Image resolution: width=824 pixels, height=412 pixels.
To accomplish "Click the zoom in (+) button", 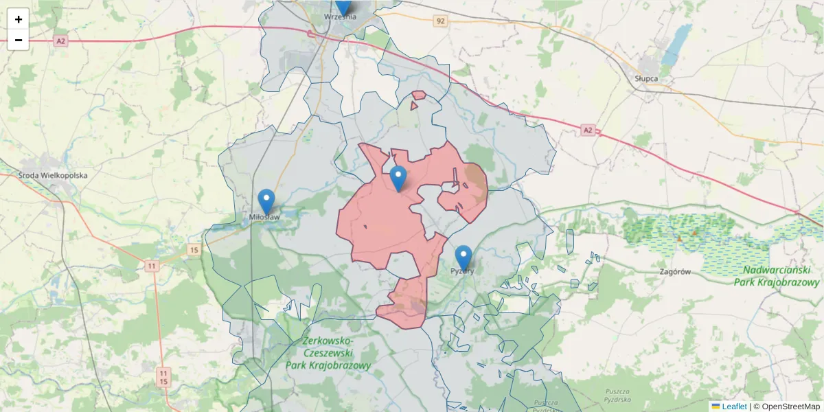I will pos(19,19).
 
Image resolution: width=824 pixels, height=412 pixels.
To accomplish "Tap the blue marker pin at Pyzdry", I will pos(463,258).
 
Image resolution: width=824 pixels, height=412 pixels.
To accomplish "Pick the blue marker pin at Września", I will pos(343,6).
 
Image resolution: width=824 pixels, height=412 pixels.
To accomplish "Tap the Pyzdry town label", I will pos(463,271).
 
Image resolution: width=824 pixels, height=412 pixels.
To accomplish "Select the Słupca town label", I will pos(646,78).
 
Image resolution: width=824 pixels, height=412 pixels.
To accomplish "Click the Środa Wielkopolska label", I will pos(54,175).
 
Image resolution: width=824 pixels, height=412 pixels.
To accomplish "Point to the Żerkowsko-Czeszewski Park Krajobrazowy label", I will pos(328,353).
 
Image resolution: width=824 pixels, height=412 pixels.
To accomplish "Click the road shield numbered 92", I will pos(440,21).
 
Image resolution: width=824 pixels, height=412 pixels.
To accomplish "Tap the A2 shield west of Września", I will pos(61,41).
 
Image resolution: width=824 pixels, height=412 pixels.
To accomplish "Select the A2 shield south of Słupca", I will pos(587,129).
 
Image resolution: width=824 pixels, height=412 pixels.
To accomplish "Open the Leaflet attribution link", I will pos(734,407).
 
